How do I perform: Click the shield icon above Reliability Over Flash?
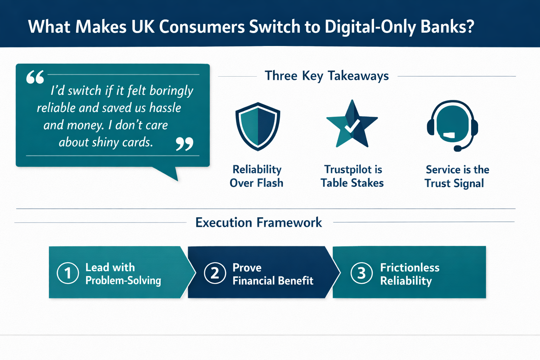coord(258,126)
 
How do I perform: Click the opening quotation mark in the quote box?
coord(35,77)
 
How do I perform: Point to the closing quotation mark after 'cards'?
coord(185,143)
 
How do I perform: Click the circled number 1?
coord(67,273)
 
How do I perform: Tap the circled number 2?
coord(215,273)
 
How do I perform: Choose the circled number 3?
coord(361,273)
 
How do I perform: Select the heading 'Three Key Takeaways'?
coord(327,76)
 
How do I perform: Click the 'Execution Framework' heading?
coord(258,223)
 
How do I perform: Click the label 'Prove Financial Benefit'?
coord(272,274)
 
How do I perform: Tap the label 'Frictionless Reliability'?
coord(410,274)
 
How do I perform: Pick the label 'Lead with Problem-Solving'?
coord(123,274)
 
